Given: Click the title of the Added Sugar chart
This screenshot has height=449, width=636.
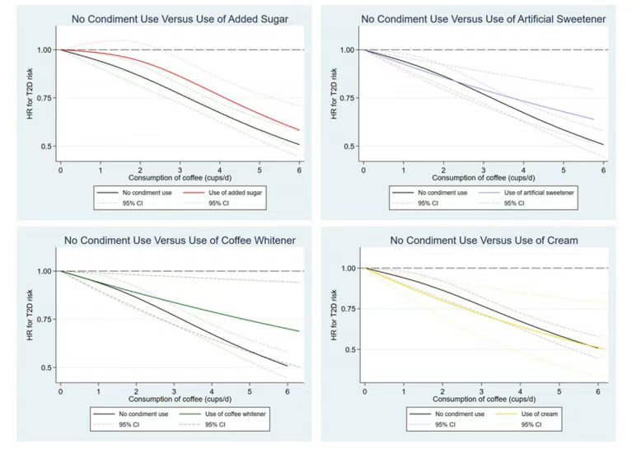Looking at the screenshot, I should point(180,18).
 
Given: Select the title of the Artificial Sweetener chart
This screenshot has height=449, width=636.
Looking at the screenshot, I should point(483,18).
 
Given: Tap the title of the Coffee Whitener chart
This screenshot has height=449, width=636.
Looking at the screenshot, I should point(180,240).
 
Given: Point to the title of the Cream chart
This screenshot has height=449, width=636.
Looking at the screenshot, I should point(484,240).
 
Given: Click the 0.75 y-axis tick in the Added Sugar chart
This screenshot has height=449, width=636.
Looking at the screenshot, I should point(43,98).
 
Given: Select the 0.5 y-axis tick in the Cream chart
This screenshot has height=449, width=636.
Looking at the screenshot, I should point(348,349).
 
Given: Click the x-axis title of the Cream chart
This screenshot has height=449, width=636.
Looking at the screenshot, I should point(482,399).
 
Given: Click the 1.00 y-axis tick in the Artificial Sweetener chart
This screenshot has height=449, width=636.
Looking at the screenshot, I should point(346,50).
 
